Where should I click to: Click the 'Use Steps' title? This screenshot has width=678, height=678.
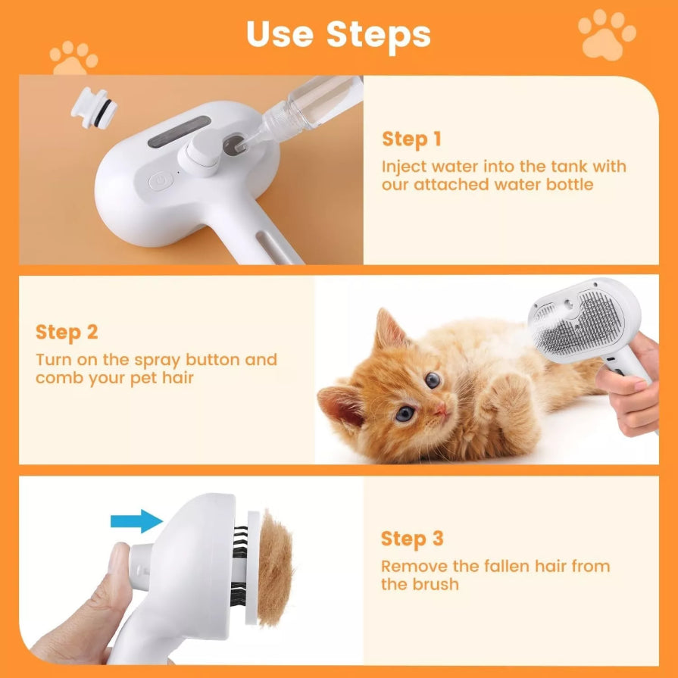coord(338,34)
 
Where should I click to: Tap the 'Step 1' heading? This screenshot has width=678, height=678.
coord(411,139)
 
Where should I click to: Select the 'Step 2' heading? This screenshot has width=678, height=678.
coord(66,332)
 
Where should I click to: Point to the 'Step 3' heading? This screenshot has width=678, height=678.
coord(411,539)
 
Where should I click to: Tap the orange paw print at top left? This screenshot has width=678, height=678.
coord(73,58)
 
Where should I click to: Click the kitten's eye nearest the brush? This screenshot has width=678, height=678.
coord(433,380)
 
